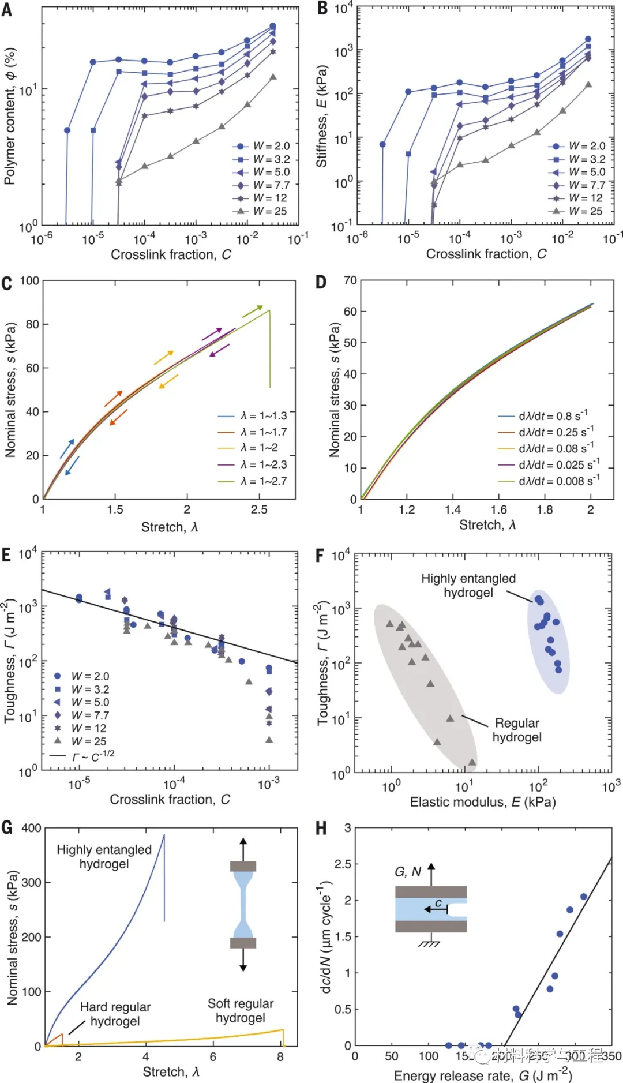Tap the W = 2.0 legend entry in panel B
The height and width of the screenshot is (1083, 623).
pos(577,146)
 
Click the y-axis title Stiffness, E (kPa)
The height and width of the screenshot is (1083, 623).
pos(321,116)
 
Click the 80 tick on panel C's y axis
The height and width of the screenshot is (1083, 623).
pos(32,324)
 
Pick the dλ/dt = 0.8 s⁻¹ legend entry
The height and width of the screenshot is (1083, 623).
pos(545,415)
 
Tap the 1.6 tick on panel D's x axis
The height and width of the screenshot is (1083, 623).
pos(498,510)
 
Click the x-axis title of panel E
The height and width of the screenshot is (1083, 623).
pos(170,800)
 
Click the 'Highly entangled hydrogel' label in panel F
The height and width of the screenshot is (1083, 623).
pos(468,585)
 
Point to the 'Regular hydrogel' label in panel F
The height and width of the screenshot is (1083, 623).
pos(517,730)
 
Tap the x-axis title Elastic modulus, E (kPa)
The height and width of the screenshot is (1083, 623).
pos(482,802)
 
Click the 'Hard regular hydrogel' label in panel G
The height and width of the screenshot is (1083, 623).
pos(115,1014)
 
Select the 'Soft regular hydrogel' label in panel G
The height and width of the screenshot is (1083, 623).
pos(241,1010)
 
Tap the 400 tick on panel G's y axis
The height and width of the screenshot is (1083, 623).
pos(31,828)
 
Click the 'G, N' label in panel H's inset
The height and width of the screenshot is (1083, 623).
pos(408,871)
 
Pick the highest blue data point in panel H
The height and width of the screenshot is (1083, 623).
pos(584,897)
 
